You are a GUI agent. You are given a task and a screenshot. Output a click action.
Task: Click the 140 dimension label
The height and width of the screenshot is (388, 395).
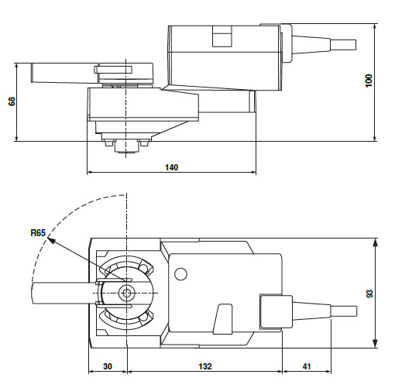(172, 167)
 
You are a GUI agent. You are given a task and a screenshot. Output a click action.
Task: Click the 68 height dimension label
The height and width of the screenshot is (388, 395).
(12, 101)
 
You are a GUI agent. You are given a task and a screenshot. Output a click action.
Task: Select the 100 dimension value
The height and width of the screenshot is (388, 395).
(369, 81)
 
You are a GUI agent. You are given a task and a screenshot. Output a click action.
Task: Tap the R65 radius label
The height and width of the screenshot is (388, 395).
(38, 233)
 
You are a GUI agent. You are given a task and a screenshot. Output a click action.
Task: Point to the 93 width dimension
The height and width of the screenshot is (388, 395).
(369, 294)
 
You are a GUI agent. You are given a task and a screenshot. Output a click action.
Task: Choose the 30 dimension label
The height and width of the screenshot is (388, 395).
(108, 366)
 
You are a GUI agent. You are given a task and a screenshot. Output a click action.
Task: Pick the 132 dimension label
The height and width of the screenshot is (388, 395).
(205, 366)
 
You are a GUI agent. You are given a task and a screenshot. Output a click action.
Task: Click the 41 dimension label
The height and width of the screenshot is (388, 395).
(307, 366)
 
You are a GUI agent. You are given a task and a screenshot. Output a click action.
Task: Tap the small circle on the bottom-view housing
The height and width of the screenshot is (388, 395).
(180, 273)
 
